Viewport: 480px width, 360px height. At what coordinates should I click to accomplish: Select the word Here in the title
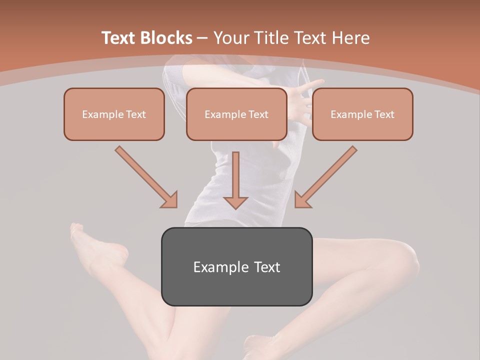coord(349,38)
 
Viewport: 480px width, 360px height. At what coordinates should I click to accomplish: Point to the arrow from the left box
coord(146,177)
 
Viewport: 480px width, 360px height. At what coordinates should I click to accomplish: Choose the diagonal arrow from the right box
coord(326,177)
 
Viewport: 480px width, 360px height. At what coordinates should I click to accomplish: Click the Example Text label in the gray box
coord(236,267)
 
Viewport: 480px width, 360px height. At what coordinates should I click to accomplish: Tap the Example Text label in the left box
coord(114,114)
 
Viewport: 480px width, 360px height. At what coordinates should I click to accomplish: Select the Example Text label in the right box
coord(362,114)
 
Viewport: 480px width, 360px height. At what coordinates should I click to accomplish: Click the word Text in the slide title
coord(120,38)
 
